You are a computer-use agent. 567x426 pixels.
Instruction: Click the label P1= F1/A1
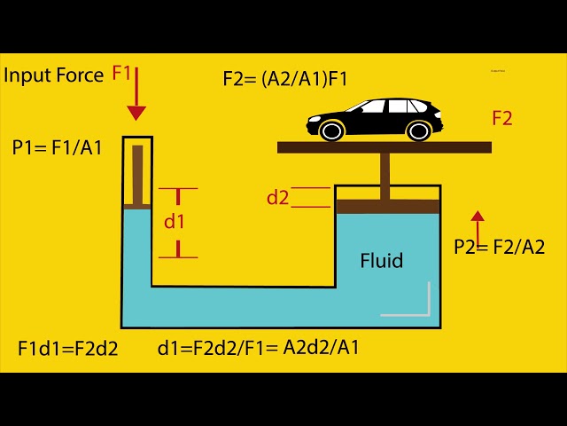coord(57,147)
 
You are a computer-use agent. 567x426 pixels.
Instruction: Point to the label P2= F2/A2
coord(499,248)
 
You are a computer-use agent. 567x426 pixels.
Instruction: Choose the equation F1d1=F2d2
coord(67,348)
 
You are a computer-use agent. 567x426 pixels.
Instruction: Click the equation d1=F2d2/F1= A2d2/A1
coord(258,347)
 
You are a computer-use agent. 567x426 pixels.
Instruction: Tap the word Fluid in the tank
coord(382,261)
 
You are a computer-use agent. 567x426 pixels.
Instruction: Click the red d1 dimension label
coord(175,222)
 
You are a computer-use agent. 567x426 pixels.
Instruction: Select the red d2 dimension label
coord(278,198)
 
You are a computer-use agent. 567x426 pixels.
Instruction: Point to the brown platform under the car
coord(384,147)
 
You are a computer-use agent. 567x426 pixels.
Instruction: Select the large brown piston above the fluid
coord(388,206)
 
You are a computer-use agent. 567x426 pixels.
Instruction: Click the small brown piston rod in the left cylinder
coord(137,173)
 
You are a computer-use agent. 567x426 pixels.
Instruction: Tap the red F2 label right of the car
coord(501,118)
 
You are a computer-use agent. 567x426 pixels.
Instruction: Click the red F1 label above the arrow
coord(121,74)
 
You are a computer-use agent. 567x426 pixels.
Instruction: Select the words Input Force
coord(54,75)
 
